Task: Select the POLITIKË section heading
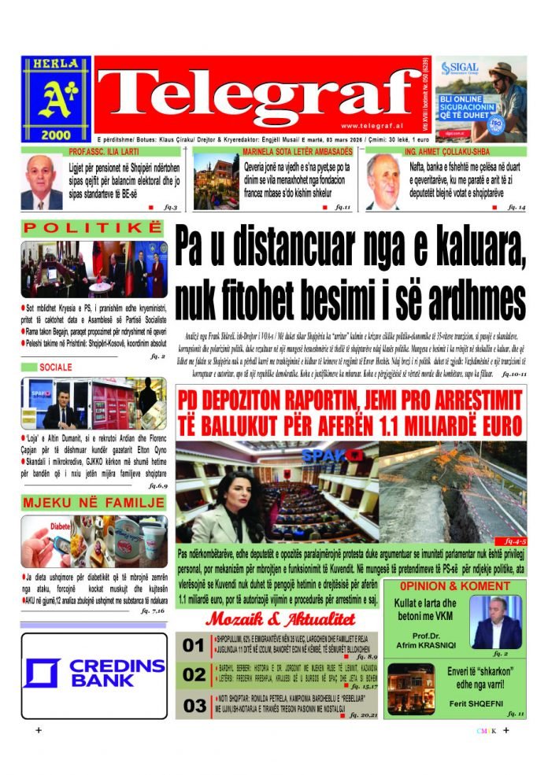coord(92,229)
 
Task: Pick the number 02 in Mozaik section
coord(193,675)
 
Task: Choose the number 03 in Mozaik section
coord(193,705)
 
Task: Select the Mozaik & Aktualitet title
coord(289,619)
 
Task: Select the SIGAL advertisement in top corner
coord(480,98)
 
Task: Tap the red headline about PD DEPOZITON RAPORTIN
coord(350,414)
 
